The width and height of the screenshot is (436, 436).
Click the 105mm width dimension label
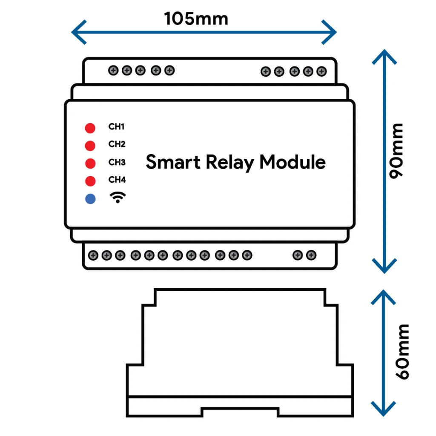click(x=196, y=19)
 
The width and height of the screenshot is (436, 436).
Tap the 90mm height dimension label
click(x=396, y=151)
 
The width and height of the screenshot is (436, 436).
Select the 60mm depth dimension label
click(x=402, y=352)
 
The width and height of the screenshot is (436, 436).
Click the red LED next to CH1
click(x=90, y=128)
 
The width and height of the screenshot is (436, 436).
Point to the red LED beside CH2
click(x=90, y=146)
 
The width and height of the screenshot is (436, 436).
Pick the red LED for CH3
click(x=90, y=163)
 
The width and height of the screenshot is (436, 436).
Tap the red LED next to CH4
click(x=90, y=181)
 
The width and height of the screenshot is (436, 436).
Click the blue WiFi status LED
click(x=90, y=199)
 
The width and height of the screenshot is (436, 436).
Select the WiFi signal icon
click(x=118, y=198)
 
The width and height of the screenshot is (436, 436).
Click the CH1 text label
click(x=117, y=126)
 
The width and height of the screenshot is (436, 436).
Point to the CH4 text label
click(x=117, y=180)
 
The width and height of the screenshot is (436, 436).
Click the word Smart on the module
click(x=173, y=162)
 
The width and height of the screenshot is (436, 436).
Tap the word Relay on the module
click(x=230, y=162)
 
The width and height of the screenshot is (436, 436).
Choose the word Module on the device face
click(x=293, y=162)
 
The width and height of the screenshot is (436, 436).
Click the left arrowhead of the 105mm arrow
click(x=79, y=32)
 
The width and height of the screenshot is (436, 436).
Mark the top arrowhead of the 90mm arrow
click(x=384, y=57)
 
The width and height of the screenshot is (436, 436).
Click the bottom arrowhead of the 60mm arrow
click(x=384, y=408)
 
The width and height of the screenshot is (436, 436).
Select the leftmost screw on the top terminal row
click(x=113, y=70)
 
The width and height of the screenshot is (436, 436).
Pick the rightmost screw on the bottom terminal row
click(x=311, y=255)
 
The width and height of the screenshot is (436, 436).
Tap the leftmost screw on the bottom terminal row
click(x=93, y=255)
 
